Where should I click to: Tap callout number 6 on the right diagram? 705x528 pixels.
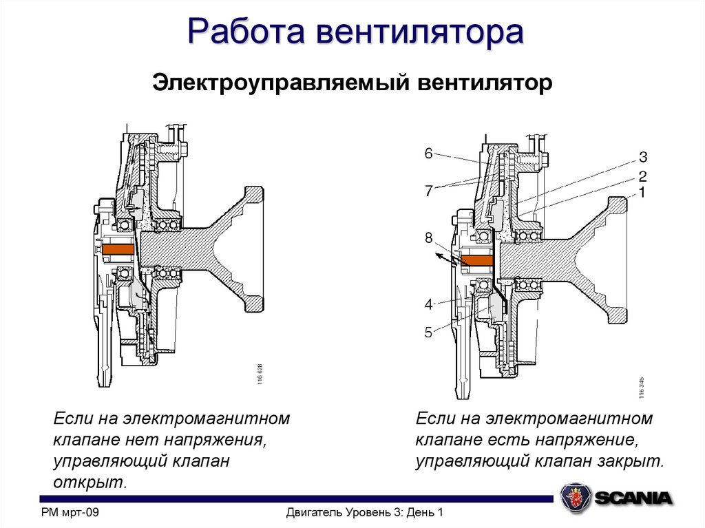pos(428,154)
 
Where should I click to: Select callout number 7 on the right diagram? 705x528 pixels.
pos(428,191)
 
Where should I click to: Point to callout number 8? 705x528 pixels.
pos(428,239)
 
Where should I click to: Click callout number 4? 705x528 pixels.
pos(428,304)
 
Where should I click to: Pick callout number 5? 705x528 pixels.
pos(428,333)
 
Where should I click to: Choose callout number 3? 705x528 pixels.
pos(642,157)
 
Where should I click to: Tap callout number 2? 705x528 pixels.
pos(642,176)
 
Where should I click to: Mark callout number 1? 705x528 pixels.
pos(642,193)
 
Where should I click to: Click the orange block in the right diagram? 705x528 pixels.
pos(476,260)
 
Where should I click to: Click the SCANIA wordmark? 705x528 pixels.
pos(633,498)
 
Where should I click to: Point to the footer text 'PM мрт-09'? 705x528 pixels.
pos(71,513)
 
